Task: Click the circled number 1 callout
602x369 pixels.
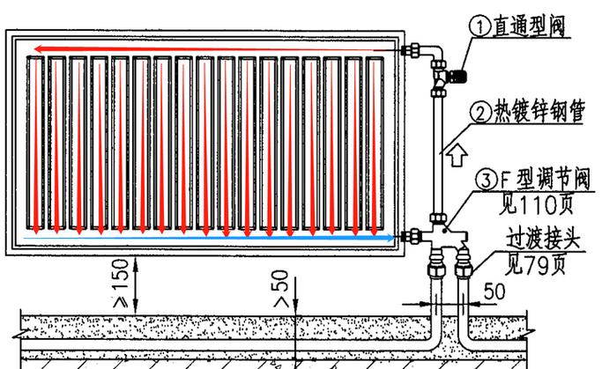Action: [480, 26]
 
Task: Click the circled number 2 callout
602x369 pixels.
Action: [480, 113]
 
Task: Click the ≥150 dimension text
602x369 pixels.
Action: [123, 284]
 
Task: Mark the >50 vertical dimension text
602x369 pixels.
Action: [280, 286]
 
